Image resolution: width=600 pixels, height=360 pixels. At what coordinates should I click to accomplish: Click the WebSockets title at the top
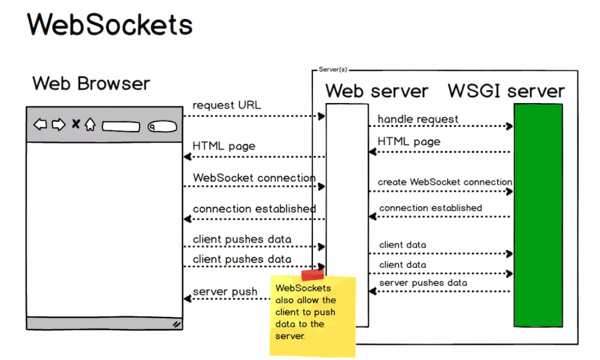click(110, 24)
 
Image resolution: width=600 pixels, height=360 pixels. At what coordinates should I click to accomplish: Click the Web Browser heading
click(91, 83)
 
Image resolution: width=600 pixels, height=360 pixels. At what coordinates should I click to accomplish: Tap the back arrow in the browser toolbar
click(40, 124)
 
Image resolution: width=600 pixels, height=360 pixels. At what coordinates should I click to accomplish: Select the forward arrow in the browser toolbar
click(59, 124)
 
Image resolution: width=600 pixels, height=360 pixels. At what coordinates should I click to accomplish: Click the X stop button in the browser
click(76, 124)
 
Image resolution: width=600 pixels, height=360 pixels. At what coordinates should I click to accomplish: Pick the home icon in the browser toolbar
click(90, 124)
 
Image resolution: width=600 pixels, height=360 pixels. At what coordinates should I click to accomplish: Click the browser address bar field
click(121, 127)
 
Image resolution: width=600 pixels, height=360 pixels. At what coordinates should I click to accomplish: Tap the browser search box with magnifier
click(163, 127)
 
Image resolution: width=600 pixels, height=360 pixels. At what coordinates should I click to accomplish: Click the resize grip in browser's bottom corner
click(177, 324)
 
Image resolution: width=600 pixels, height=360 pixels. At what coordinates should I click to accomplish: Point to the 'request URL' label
click(227, 105)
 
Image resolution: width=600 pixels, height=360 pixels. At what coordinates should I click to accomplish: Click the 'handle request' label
click(418, 119)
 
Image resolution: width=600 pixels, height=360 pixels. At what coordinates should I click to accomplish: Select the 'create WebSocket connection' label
click(445, 182)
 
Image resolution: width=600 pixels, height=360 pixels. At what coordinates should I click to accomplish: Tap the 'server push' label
click(225, 292)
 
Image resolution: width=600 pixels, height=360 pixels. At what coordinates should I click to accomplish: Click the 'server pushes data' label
click(423, 283)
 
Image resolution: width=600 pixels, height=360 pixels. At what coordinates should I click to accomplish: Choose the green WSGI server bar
click(538, 215)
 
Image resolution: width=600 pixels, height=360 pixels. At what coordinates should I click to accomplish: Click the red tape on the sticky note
click(312, 275)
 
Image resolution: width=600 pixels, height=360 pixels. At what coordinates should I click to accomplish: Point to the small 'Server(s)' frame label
click(333, 70)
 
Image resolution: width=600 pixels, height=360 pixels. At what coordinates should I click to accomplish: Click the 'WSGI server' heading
click(506, 91)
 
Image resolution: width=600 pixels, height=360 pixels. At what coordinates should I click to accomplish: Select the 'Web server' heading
click(377, 91)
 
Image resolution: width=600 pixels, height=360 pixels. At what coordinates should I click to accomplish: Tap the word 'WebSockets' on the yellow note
click(303, 288)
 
